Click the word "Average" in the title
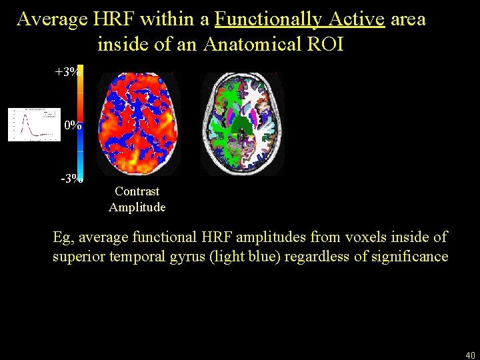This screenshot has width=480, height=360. click(x=53, y=19)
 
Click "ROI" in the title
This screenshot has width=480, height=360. click(x=326, y=45)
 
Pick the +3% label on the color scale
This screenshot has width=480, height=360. click(x=69, y=72)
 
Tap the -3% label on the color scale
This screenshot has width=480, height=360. click(x=71, y=178)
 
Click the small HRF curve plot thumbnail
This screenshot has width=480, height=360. click(x=34, y=125)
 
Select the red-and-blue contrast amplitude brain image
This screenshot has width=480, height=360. click(x=139, y=124)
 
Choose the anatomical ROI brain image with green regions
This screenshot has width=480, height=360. click(x=243, y=124)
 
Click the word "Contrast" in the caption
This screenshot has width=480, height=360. click(x=137, y=192)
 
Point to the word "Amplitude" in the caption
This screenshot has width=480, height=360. click(x=137, y=207)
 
